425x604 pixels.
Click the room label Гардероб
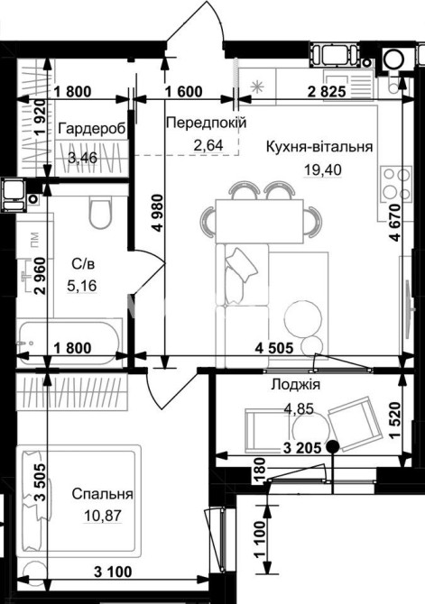[92, 129]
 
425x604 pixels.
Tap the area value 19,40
[323, 169]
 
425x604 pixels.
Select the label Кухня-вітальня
[319, 147]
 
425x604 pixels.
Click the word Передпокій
[206, 123]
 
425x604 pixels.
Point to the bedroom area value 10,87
[103, 515]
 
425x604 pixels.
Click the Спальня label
[103, 494]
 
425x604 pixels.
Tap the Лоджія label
[296, 384]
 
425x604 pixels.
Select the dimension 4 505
[274, 348]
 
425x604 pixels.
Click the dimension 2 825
[327, 92]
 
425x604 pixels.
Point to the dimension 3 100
[113, 572]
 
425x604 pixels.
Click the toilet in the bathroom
[101, 213]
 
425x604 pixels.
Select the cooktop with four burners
[396, 185]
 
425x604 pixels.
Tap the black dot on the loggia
[332, 446]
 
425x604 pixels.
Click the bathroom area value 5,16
[82, 286]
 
